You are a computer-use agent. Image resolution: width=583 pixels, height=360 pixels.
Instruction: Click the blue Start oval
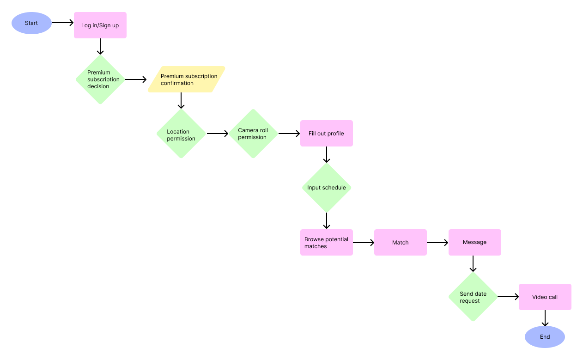coord(31,23)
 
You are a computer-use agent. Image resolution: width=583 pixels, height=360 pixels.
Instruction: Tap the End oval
coord(545,337)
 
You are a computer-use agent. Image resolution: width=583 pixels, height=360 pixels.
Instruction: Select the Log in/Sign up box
coord(100,25)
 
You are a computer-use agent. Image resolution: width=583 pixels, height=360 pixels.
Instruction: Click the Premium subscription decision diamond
coord(100,79)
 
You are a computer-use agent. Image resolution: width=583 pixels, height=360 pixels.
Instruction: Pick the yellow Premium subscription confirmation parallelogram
coord(186,79)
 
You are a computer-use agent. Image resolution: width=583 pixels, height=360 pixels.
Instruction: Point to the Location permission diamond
coord(181,134)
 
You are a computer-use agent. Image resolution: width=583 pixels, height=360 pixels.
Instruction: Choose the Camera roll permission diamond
coord(253,134)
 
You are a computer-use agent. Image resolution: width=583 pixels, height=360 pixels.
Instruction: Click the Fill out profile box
coord(327,134)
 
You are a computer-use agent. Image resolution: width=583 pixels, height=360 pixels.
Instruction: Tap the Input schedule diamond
coord(327,188)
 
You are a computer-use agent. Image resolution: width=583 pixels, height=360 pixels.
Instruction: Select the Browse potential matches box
coord(327,243)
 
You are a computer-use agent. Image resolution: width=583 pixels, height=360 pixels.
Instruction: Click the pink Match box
coord(401,243)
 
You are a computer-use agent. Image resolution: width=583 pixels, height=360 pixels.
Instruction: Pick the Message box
coord(475,243)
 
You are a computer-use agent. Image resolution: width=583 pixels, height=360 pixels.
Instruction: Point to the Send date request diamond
coord(473,297)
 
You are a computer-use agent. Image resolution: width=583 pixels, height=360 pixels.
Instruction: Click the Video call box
coord(545,297)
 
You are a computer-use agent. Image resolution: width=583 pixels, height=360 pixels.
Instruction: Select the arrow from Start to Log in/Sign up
coord(63,22)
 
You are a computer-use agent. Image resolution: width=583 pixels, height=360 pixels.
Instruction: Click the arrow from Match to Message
coord(437,242)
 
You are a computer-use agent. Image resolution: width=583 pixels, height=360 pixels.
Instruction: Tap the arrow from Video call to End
coord(545,318)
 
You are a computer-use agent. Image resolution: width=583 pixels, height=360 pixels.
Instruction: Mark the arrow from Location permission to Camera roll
coord(218,134)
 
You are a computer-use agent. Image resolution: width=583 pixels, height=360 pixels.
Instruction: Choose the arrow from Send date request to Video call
coord(508,297)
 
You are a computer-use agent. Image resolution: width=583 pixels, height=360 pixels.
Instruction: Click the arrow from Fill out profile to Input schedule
coord(327,155)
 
